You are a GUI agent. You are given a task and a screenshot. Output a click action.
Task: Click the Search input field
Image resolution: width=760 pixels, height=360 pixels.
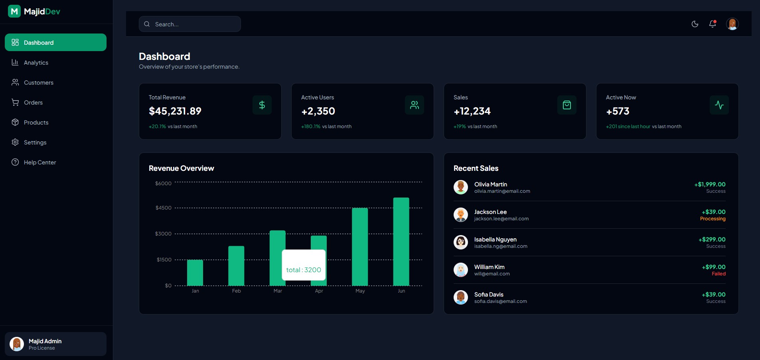[195, 24]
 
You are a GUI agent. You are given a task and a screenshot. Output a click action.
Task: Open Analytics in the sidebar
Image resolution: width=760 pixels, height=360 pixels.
[36, 63]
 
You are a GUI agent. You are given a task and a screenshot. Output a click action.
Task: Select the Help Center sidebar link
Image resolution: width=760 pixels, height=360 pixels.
[39, 162]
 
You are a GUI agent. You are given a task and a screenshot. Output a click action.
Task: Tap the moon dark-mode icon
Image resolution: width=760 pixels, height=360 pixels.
[695, 24]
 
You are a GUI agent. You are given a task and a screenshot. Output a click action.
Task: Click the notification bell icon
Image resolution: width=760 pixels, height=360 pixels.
[713, 24]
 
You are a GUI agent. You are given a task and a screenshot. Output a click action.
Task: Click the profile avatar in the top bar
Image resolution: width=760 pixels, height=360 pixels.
[732, 24]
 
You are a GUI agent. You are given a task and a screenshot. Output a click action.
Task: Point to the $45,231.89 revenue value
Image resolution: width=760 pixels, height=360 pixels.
[175, 111]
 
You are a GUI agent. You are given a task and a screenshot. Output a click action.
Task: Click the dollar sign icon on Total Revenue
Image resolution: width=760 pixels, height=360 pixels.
[262, 105]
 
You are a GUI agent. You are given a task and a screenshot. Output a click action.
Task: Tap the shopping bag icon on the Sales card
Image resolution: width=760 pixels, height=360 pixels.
[567, 105]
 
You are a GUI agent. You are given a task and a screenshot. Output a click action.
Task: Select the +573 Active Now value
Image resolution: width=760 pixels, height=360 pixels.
[618, 111]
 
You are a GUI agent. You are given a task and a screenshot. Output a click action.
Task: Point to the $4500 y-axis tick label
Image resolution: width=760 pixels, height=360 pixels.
[164, 208]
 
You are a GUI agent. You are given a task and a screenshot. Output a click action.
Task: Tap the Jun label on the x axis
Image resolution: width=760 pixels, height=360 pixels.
[401, 291]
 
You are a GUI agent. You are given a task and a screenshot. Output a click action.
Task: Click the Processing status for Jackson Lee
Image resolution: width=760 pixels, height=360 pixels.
[713, 219]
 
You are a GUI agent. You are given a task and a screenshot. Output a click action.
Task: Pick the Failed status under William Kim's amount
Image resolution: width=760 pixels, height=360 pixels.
[719, 274]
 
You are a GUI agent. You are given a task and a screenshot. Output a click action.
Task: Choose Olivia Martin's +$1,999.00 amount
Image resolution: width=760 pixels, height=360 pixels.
[710, 184]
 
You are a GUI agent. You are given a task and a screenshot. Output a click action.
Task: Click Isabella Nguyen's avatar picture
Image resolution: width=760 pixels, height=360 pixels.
[461, 242]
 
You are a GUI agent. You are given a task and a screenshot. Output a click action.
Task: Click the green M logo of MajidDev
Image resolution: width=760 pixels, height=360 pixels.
[14, 11]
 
